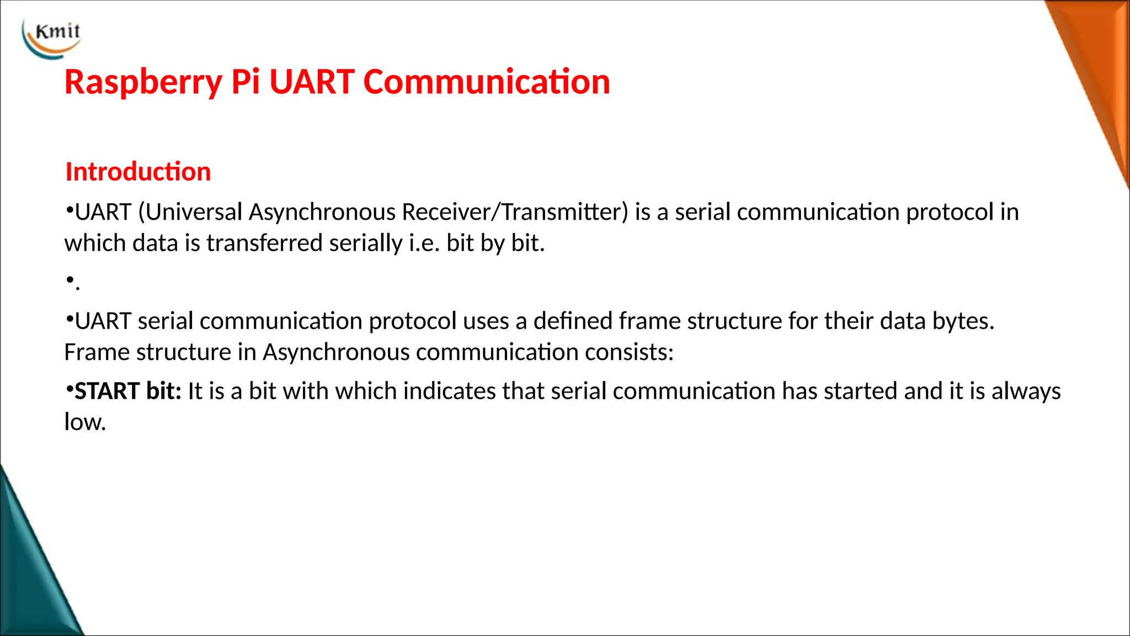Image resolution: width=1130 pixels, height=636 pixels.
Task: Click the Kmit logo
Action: tap(52, 37)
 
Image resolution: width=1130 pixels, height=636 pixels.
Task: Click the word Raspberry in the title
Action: tap(143, 83)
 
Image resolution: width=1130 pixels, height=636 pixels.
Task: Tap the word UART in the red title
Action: tap(312, 82)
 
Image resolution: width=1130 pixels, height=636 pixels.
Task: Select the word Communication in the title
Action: tap(486, 82)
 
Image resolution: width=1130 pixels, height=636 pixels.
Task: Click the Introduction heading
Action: tap(138, 172)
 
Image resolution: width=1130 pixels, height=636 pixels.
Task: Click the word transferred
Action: tap(264, 243)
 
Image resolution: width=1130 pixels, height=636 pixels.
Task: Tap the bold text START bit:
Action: tap(127, 391)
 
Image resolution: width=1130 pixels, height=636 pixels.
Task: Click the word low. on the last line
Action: tap(84, 422)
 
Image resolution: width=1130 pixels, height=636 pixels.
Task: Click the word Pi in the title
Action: tap(245, 83)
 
